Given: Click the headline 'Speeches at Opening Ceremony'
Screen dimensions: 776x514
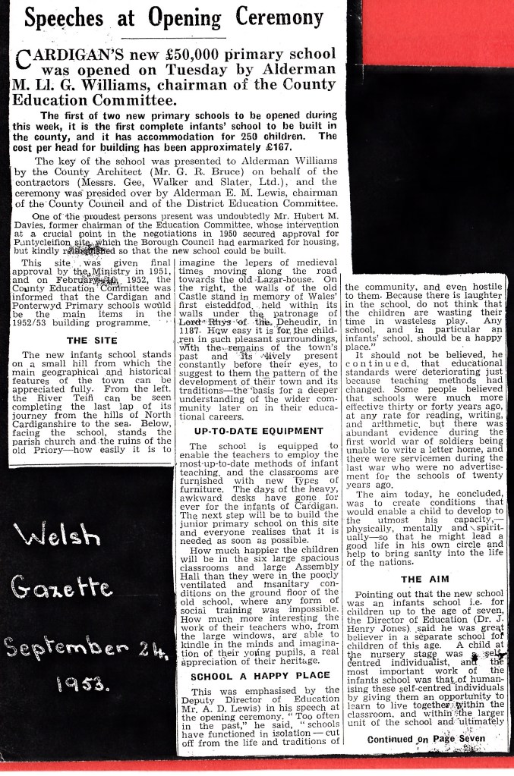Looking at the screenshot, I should [174, 18].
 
